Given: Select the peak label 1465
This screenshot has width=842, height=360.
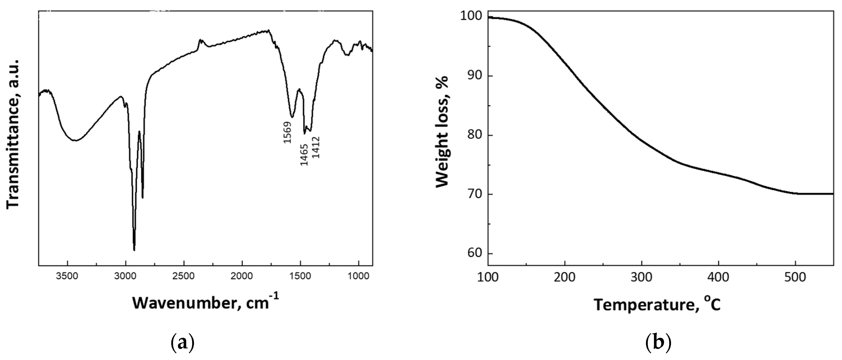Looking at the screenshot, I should [304, 155].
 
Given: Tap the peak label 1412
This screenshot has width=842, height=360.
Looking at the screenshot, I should [316, 147].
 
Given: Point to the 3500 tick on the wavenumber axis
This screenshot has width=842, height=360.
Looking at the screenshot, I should [67, 276].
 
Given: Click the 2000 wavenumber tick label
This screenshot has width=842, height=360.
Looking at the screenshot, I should [242, 276].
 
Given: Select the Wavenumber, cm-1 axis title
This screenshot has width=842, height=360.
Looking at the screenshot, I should [206, 302].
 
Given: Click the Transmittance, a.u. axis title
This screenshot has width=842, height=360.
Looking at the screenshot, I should [13, 134].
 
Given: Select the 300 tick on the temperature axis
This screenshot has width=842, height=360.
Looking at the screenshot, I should [642, 277].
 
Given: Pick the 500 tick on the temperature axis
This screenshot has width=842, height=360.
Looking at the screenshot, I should [795, 277].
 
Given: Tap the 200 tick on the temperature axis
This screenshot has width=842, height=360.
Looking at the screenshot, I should [565, 277].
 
